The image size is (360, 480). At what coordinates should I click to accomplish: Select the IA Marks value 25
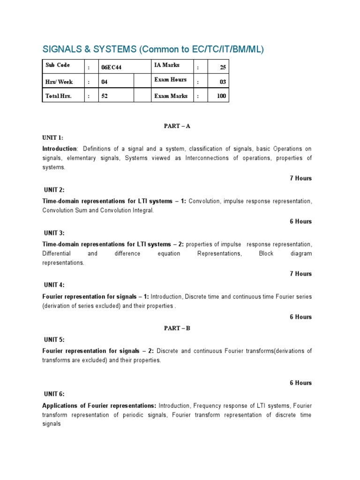[223, 67]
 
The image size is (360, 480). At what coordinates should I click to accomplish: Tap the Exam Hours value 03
[223, 82]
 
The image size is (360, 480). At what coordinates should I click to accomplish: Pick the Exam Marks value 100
[221, 96]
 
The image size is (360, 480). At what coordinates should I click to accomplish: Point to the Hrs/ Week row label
[59, 82]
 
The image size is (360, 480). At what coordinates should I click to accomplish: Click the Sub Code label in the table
[58, 65]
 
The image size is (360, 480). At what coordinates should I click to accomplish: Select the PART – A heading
[177, 126]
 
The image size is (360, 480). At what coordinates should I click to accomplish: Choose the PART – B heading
[177, 328]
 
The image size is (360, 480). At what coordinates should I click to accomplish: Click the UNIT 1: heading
[52, 137]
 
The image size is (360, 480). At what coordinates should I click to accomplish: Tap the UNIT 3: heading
[53, 233]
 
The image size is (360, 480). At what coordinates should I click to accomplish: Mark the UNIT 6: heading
[53, 394]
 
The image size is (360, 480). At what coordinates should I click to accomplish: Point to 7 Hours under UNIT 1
[300, 178]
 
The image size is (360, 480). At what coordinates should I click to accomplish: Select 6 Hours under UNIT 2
[300, 221]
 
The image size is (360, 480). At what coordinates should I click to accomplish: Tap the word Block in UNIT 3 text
[266, 254]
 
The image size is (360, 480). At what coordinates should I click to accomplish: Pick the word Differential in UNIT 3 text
[57, 254]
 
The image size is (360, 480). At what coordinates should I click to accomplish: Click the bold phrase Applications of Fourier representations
[99, 405]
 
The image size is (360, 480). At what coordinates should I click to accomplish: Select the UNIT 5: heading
[52, 339]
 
